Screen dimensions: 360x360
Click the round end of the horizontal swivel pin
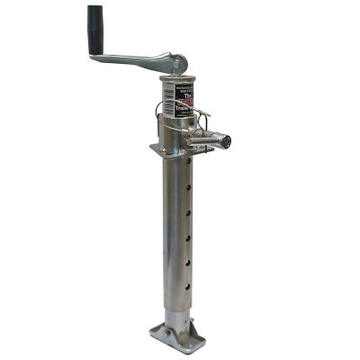click(x=227, y=142)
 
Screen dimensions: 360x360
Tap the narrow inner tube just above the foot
click(x=177, y=310)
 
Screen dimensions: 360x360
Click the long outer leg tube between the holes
click(x=176, y=234)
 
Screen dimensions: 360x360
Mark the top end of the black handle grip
click(x=94, y=11)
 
